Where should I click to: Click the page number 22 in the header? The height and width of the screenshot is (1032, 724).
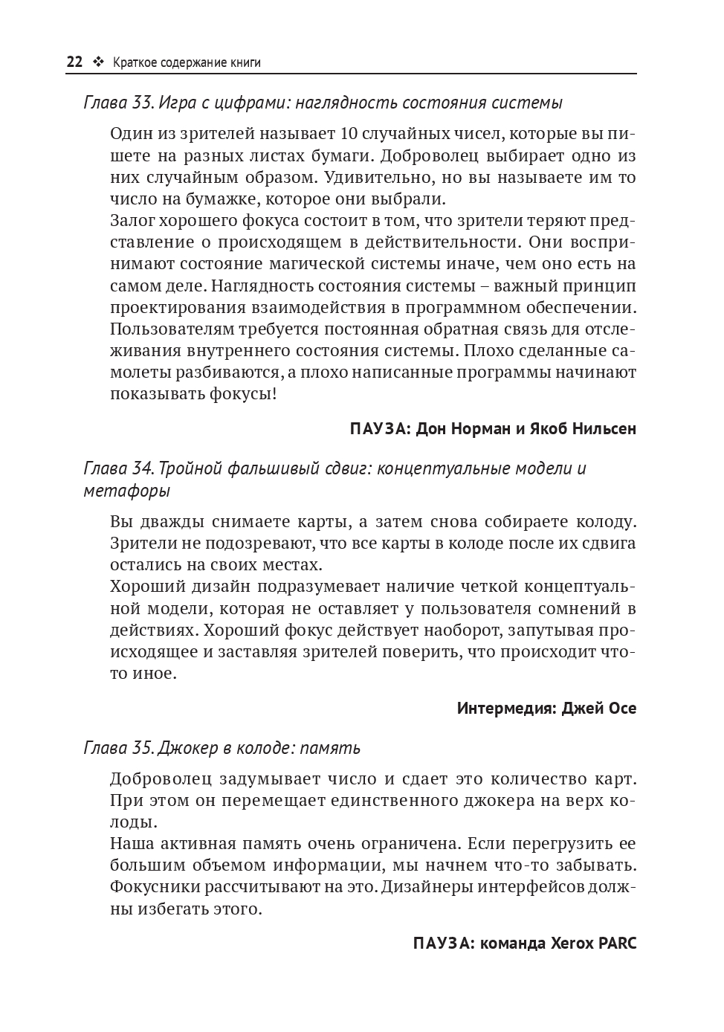[74, 62]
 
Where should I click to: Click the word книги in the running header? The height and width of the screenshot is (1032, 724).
[245, 62]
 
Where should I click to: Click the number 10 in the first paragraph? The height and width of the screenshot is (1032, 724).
[349, 134]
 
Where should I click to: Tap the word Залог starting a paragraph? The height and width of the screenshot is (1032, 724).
[135, 221]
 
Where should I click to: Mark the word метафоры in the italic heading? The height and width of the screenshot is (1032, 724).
[126, 491]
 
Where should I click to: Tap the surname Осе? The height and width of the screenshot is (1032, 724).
[621, 708]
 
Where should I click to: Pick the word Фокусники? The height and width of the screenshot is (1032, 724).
[158, 887]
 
